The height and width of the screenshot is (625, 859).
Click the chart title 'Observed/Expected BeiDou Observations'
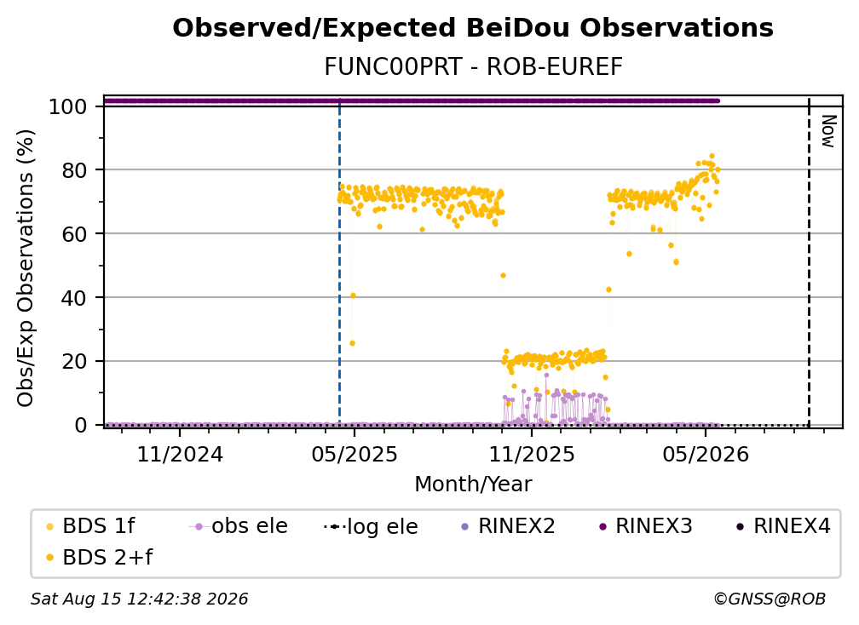473,28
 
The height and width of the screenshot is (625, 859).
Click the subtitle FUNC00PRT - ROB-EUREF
473,66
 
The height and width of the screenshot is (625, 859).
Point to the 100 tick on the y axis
68,106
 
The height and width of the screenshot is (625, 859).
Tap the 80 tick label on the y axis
74,170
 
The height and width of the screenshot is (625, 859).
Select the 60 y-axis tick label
74,233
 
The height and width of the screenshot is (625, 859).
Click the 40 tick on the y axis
74,298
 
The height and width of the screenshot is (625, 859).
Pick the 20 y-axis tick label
74,361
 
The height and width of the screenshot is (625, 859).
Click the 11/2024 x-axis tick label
180,454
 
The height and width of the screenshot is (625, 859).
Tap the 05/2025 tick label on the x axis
355,454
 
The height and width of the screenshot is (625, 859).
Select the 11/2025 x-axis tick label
532,454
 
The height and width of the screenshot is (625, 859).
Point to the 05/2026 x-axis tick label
706,454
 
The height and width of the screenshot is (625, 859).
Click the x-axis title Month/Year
473,484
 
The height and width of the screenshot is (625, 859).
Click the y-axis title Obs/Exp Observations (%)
26,268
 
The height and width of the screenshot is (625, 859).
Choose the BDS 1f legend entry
90,526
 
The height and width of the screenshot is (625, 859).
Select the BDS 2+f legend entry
99,557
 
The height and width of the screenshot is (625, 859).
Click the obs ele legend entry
239,526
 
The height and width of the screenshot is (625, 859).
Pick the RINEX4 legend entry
783,526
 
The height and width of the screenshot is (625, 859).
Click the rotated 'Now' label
827,131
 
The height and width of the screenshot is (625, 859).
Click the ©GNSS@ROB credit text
770,599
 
